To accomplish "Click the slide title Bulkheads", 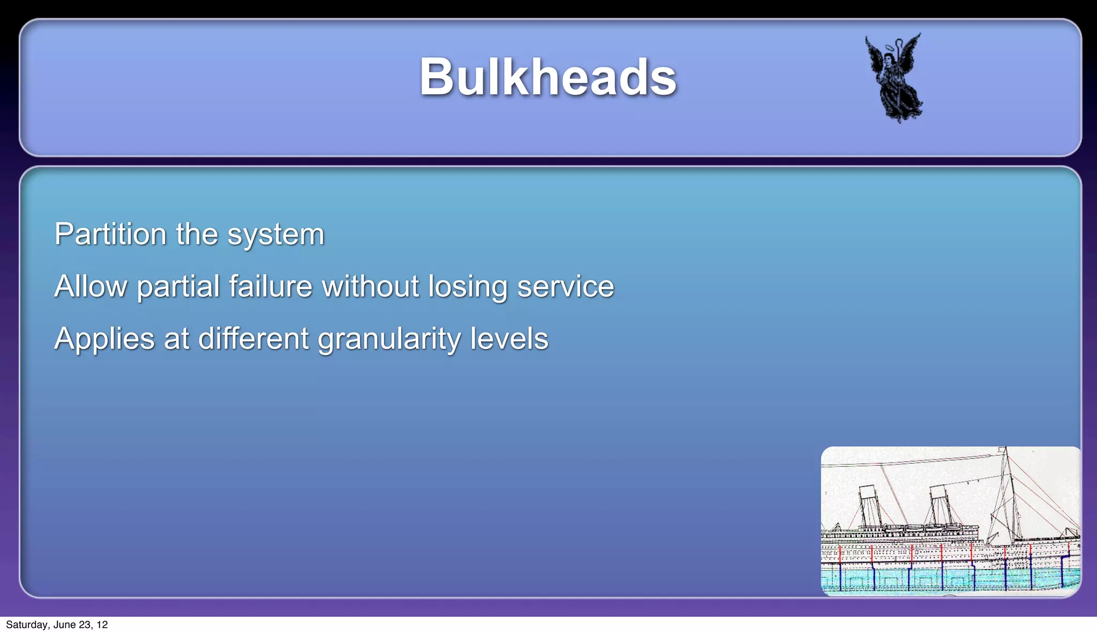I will (547, 78).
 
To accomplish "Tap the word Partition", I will (110, 235).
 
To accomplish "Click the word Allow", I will (91, 286).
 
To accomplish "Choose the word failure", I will (271, 286).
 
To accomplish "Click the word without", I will (370, 286).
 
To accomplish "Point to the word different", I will (253, 339).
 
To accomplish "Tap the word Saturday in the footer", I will (26, 625).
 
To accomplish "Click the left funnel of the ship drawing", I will (869, 506).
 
